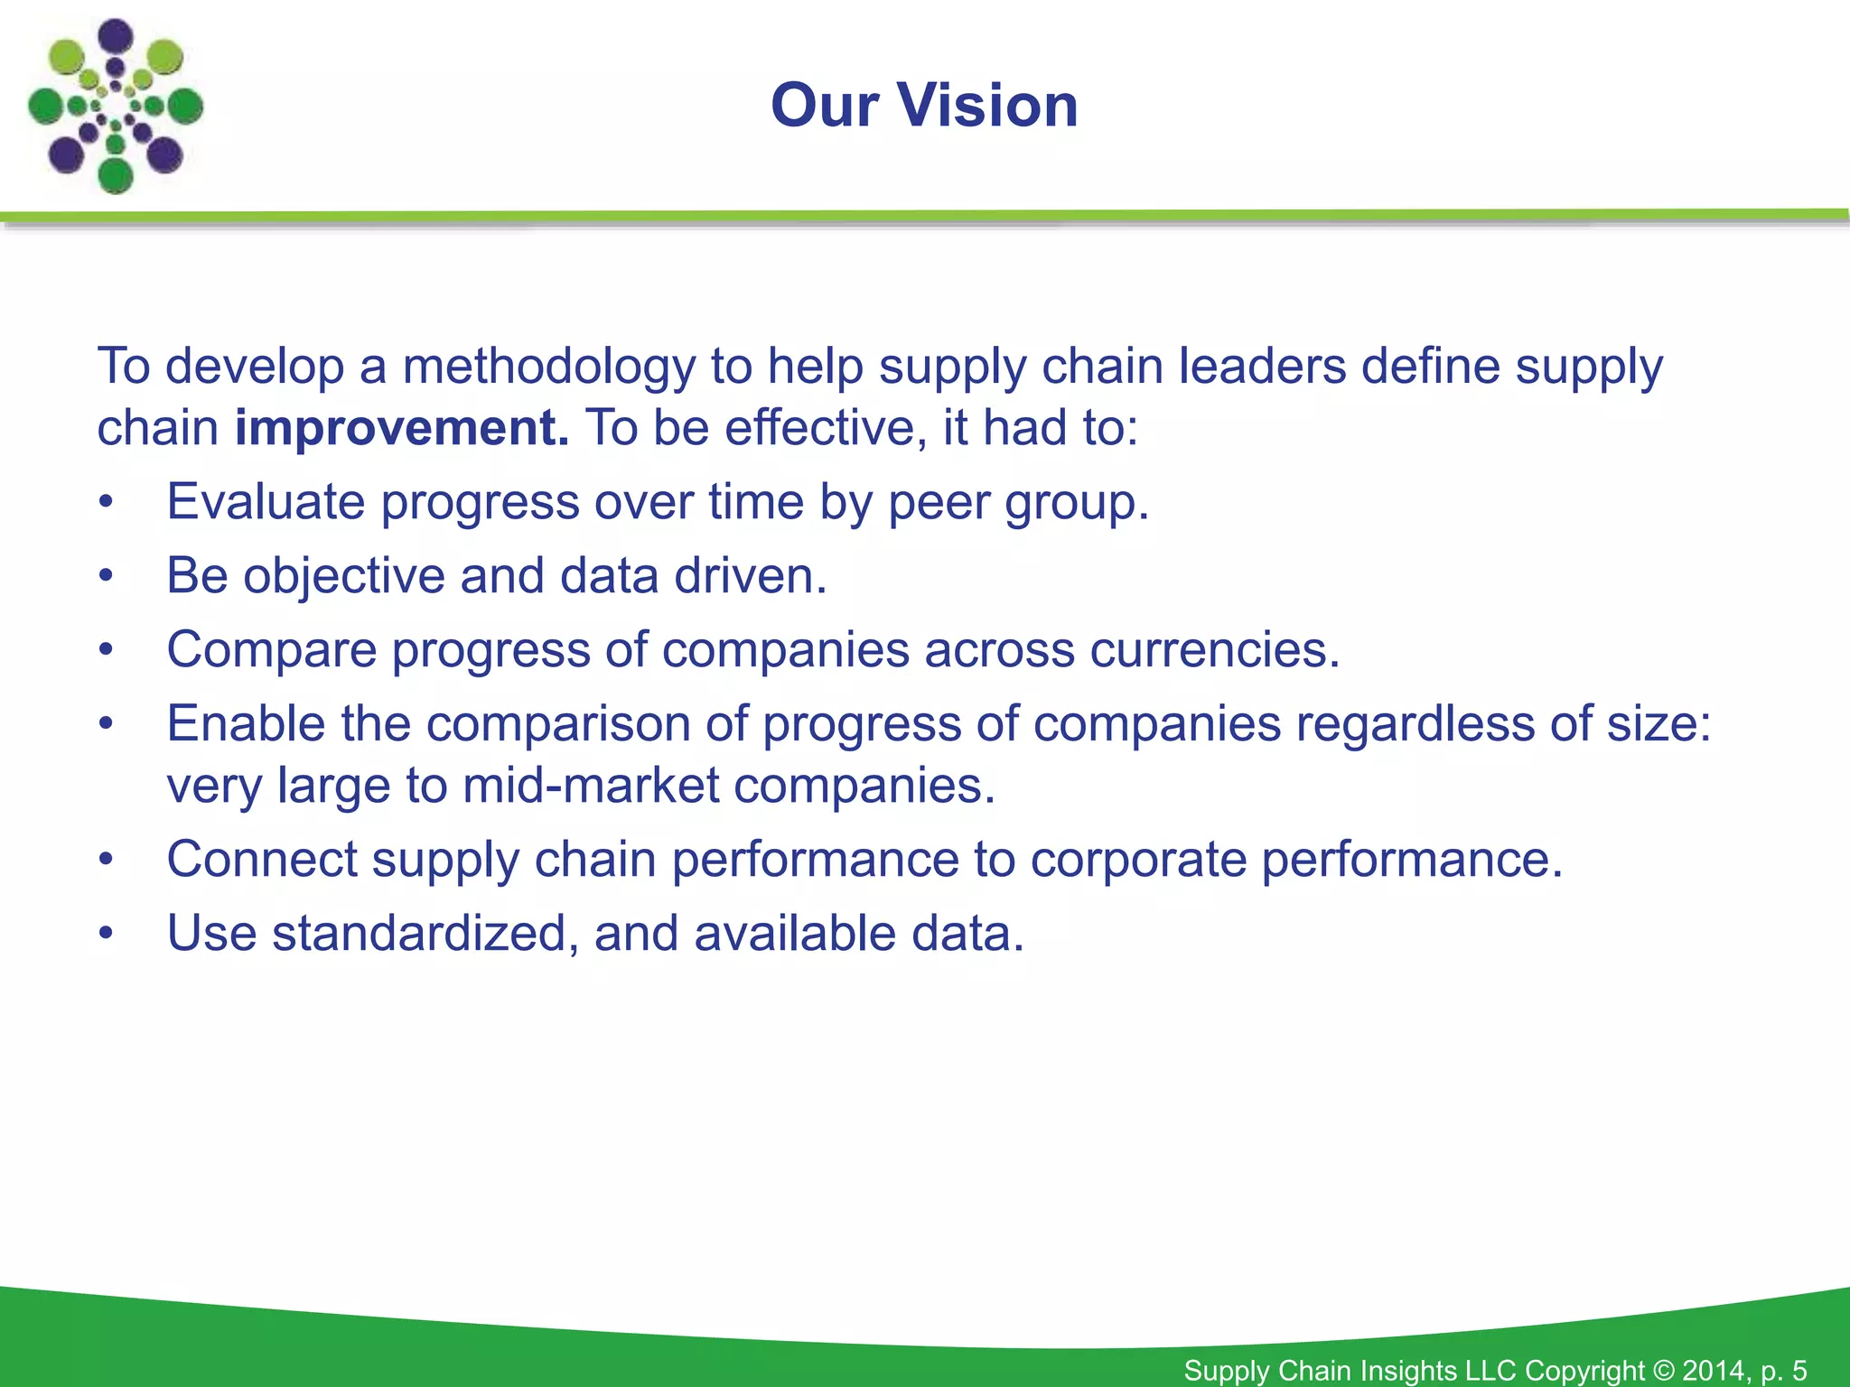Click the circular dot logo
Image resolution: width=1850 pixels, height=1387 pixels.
115,107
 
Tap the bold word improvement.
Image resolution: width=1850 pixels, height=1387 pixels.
402,428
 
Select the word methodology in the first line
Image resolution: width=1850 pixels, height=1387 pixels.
548,367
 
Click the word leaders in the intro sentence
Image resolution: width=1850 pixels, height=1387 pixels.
1262,367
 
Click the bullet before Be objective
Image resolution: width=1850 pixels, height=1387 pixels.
107,576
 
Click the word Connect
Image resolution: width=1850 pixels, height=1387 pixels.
262,860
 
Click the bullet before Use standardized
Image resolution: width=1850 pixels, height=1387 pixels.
107,934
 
